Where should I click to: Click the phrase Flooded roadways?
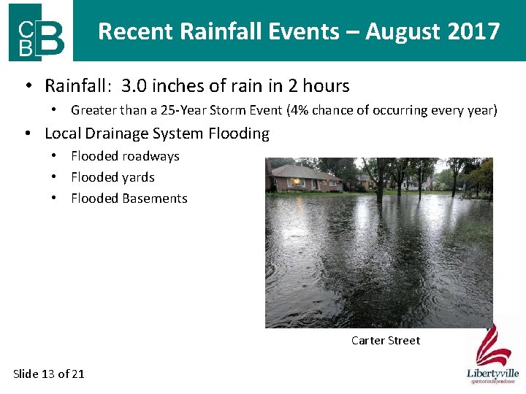tap(125, 156)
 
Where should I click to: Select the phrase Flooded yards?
tap(113, 177)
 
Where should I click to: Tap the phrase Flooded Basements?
tap(129, 198)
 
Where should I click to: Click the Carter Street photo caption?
tap(385, 341)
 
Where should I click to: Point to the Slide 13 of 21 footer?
tap(49, 374)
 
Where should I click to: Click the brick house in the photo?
tap(303, 178)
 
